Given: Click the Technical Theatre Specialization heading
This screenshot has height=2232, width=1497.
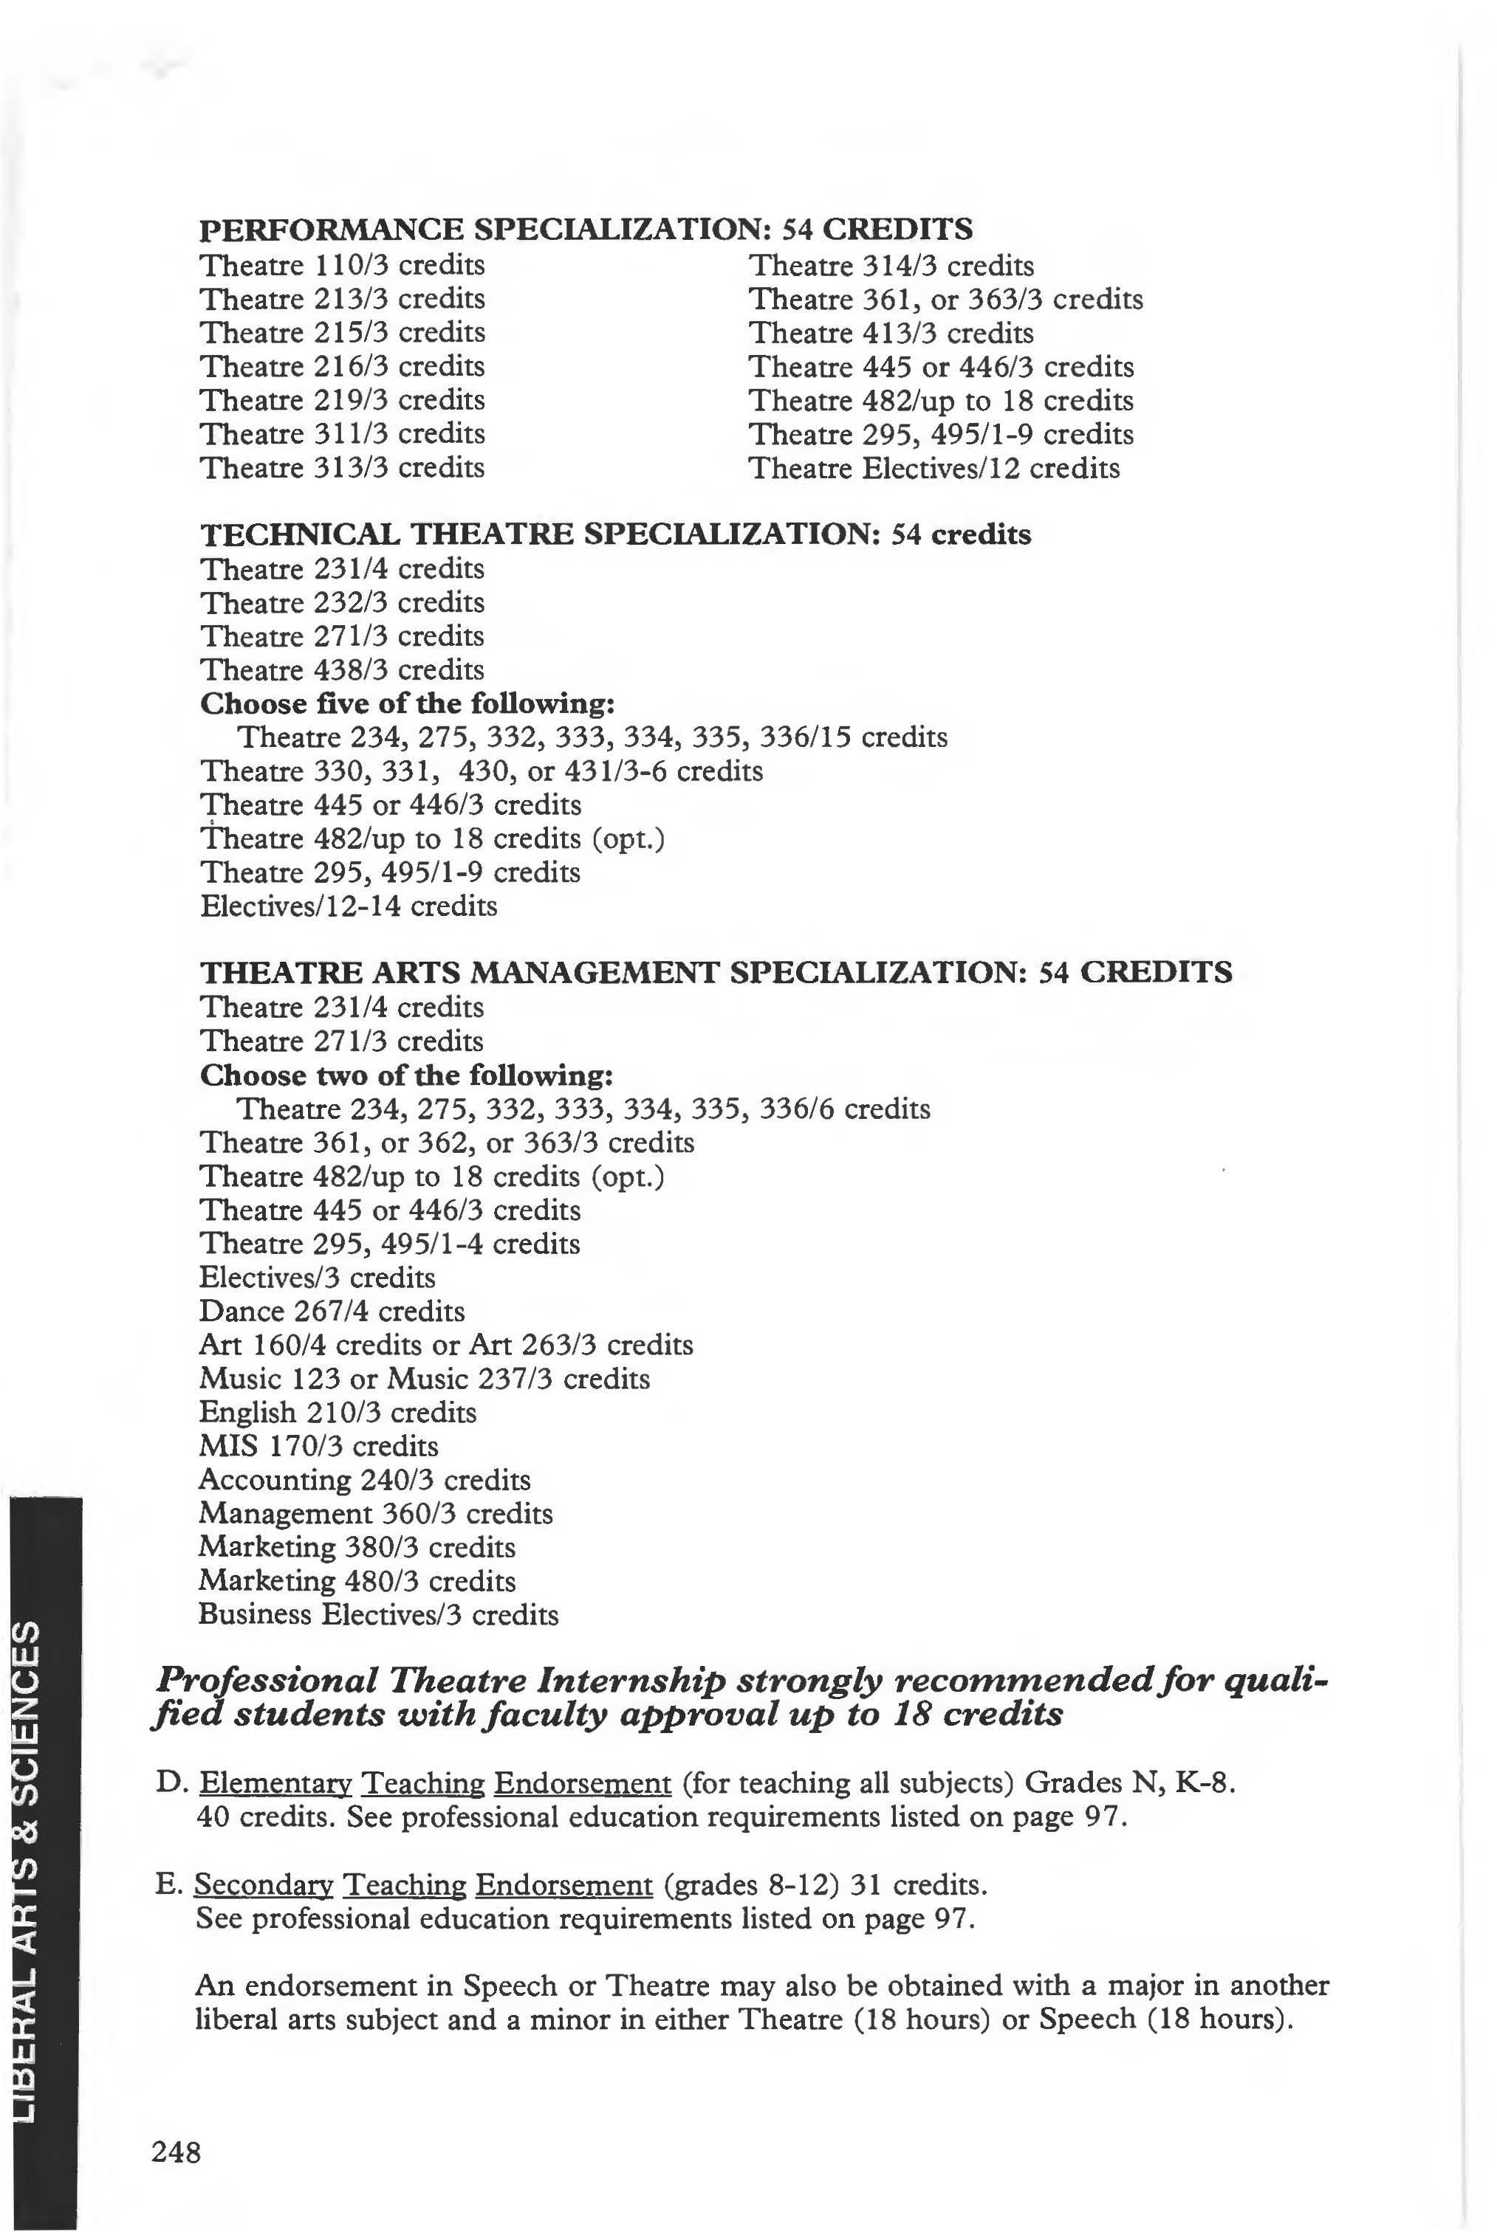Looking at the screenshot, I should point(615,534).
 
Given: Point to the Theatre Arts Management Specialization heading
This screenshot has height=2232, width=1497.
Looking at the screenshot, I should point(715,971).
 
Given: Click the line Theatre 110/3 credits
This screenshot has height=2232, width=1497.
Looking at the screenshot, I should point(342,264).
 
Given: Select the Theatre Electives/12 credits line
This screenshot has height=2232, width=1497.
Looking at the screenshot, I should point(934,468).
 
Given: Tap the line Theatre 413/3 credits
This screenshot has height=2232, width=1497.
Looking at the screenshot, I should point(891,333).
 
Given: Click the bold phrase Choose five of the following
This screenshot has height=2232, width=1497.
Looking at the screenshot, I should point(408,703).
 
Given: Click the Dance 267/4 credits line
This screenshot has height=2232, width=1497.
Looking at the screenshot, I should point(332,1310).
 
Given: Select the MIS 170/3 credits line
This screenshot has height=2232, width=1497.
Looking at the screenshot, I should point(318,1446).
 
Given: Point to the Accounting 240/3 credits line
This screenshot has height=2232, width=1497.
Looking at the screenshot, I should point(364,1479).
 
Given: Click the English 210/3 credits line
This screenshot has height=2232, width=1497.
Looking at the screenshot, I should point(337,1411).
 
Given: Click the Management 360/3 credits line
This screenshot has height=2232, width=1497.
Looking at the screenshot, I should point(375,1512).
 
